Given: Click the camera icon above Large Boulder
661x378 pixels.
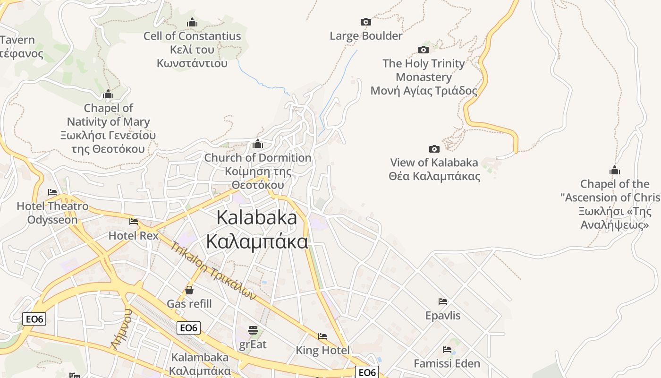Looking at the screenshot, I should (365, 22).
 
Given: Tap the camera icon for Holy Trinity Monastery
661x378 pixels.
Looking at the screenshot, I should (424, 50).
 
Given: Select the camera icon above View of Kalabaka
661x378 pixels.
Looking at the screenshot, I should (434, 149).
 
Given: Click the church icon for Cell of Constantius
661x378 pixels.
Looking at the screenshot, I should (192, 22).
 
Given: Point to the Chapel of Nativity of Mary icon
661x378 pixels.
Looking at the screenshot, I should (108, 94).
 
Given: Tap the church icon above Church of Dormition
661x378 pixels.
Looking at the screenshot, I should (258, 144).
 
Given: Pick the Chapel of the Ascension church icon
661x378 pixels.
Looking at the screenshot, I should (614, 170).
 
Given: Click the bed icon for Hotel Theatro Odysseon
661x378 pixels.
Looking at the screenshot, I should (52, 192).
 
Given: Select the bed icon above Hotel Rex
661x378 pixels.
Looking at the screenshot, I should (134, 221).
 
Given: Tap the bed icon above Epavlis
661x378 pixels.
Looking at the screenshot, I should (442, 301).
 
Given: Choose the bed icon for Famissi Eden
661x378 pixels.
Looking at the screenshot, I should (447, 350).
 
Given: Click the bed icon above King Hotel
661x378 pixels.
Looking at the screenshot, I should (322, 336).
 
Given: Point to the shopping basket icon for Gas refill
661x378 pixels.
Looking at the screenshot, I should (189, 290).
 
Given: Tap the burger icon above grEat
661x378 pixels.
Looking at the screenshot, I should (253, 330).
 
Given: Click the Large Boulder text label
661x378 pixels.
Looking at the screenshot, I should (366, 36).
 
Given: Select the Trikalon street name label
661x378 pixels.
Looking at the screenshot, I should (213, 271).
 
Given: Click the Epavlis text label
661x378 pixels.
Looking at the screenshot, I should (442, 315).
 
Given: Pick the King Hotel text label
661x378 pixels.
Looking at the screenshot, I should (322, 350).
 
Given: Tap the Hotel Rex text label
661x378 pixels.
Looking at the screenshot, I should (134, 235).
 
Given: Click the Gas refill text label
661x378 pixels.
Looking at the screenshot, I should (189, 303).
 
